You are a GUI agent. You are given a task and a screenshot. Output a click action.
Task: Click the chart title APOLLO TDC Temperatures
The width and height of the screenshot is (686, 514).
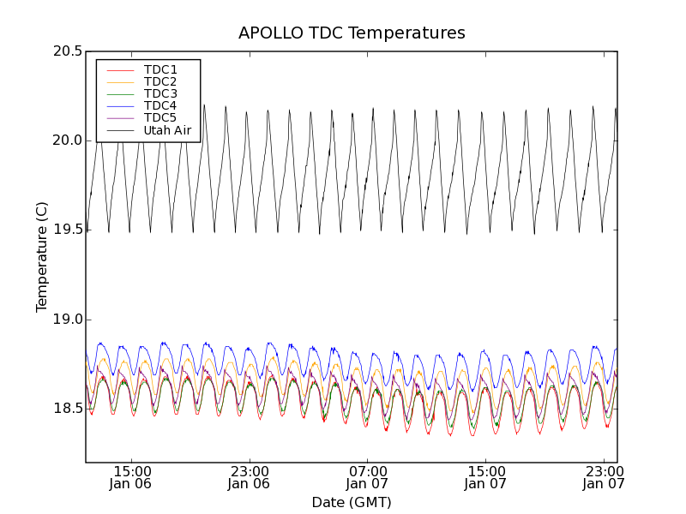pos(352,33)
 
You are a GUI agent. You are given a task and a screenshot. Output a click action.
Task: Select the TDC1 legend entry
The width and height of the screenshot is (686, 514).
pos(160,69)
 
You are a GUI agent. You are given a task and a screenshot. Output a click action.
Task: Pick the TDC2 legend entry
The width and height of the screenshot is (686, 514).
pos(160,81)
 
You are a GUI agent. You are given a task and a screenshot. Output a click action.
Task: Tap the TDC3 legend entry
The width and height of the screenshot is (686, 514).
pos(160,93)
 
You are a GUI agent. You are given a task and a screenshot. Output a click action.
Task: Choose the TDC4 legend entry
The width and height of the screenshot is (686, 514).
pos(160,106)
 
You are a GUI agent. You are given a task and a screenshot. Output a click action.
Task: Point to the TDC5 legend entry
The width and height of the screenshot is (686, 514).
pos(160,118)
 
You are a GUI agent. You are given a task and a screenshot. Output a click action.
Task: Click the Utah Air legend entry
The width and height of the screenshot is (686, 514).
pos(167,131)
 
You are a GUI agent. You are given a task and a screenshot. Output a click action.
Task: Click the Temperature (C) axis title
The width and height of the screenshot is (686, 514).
pos(42,257)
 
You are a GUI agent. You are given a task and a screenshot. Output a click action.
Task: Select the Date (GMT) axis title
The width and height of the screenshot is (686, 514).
pos(352,502)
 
